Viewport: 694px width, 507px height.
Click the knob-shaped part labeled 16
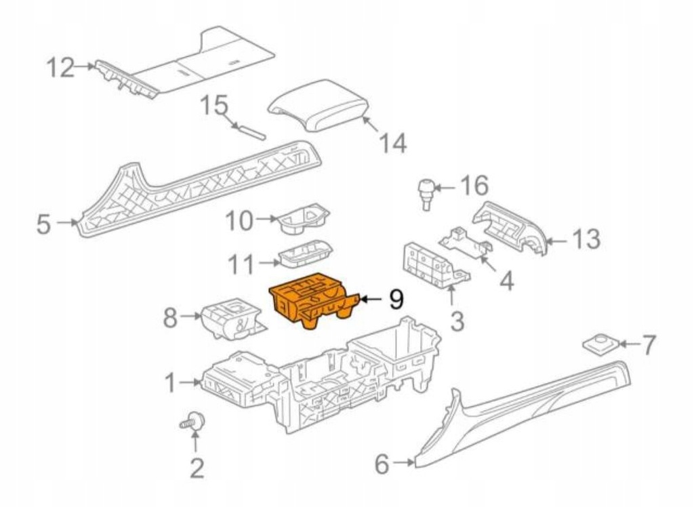[x=427, y=190]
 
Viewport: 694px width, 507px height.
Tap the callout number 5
[x=43, y=224]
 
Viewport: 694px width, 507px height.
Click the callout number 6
[x=383, y=464]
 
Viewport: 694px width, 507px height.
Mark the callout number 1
[x=173, y=384]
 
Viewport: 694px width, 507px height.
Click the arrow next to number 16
[x=446, y=186]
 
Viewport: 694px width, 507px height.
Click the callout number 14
[x=392, y=144]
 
